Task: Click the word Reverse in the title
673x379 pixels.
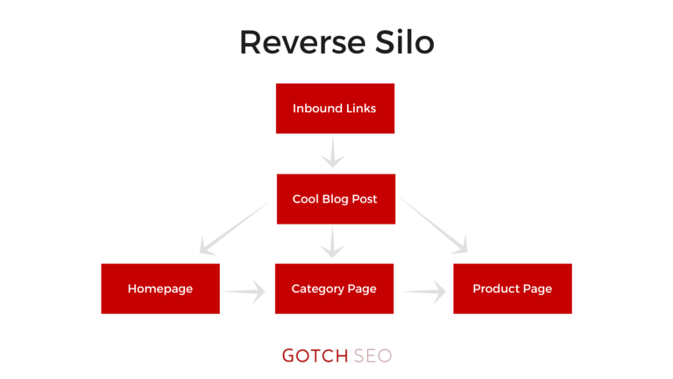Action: [303, 42]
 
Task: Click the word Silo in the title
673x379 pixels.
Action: [405, 42]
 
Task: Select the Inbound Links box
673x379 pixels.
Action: [336, 108]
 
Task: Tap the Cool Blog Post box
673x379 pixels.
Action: [336, 199]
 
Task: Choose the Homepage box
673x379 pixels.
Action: [160, 289]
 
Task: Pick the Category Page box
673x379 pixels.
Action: [335, 289]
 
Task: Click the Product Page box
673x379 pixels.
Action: [513, 289]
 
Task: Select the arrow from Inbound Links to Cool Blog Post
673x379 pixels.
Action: [333, 152]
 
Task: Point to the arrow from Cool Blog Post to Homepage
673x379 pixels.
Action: [235, 227]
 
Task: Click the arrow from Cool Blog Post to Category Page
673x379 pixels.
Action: [332, 242]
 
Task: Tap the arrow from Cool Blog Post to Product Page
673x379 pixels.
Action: [433, 225]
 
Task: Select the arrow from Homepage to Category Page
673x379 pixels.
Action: [244, 292]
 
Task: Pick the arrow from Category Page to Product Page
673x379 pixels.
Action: [425, 292]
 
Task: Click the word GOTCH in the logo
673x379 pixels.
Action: [315, 356]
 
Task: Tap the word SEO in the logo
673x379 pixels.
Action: [372, 356]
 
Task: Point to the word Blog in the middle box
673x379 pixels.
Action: [336, 199]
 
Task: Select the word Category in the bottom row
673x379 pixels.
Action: [317, 290]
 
